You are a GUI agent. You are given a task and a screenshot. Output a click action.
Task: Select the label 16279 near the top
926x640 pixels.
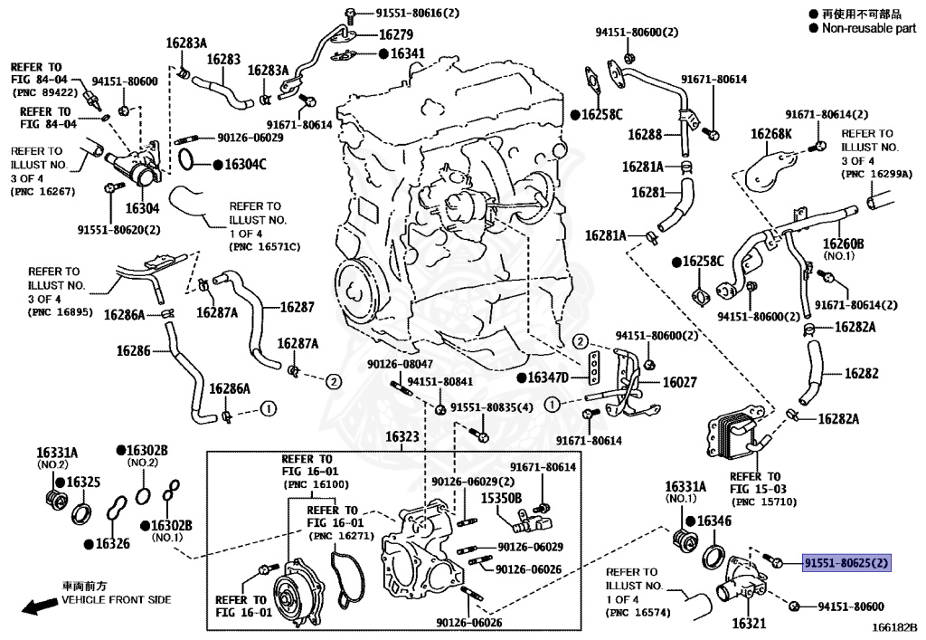click(396, 34)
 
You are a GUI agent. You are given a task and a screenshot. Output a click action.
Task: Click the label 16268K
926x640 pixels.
click(770, 134)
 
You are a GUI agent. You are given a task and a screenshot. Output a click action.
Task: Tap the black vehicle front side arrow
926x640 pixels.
click(35, 607)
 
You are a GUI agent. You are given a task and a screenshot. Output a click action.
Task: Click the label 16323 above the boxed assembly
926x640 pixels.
click(402, 436)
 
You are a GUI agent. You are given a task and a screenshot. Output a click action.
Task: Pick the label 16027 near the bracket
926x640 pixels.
click(681, 383)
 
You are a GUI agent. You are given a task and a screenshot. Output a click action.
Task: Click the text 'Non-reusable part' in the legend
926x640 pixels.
click(868, 28)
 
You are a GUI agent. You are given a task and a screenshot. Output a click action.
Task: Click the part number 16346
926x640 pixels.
click(714, 521)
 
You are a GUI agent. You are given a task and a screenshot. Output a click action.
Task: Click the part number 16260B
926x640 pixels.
click(843, 244)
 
